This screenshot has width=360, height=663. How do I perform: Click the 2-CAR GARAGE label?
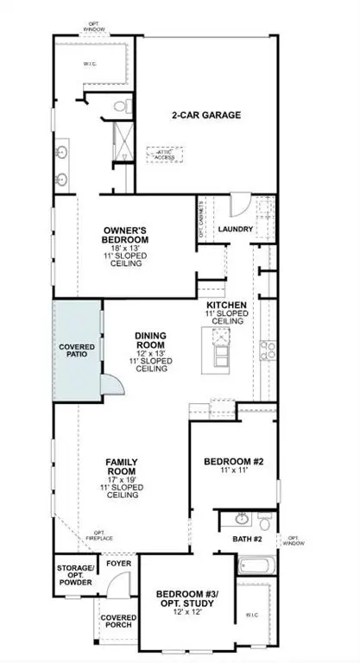click(x=205, y=114)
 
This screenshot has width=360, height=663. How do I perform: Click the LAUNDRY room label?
click(x=235, y=230)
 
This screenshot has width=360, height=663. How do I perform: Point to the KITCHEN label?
click(x=228, y=306)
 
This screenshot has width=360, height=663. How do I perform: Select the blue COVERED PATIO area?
click(x=78, y=350)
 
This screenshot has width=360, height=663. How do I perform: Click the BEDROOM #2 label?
click(x=232, y=463)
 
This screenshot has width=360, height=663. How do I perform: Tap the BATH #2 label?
click(x=247, y=539)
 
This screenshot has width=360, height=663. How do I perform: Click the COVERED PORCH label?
click(x=117, y=623)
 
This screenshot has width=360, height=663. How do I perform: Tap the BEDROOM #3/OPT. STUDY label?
click(x=187, y=599)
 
